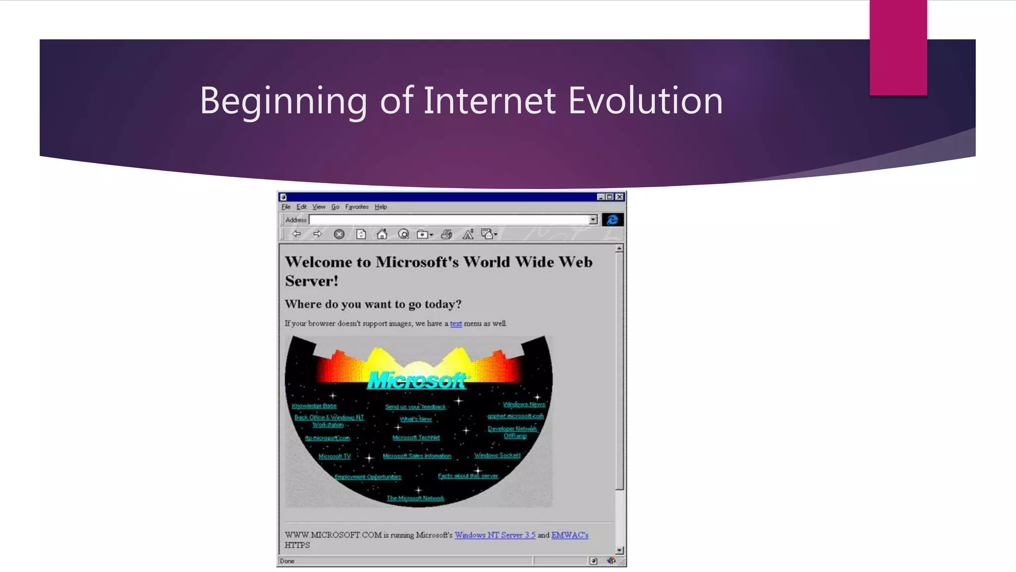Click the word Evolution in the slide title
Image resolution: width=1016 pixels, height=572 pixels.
[645, 101]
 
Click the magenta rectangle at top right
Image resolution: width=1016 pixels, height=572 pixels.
[898, 47]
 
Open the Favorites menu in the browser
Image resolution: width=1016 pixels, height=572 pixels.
[357, 207]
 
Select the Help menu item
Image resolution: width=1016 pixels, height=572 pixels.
[381, 207]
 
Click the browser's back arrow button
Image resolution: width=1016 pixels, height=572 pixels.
[297, 234]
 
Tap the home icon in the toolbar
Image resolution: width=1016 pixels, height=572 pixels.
[381, 234]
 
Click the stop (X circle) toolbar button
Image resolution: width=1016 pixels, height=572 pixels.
[339, 234]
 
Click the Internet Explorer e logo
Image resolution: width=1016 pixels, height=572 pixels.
[612, 220]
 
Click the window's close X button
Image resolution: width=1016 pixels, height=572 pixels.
[620, 197]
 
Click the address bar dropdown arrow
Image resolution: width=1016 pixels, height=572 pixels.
[593, 220]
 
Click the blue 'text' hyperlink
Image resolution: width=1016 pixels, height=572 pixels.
[455, 324]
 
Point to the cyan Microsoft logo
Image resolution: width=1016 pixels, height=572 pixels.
[417, 381]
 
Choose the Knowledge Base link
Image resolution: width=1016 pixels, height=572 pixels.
[314, 406]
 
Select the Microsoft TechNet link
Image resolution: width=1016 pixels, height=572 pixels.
[416, 438]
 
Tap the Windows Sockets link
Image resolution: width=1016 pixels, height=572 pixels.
[497, 455]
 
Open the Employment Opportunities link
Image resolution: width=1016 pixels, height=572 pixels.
[368, 477]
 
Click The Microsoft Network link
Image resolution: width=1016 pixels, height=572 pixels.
[415, 499]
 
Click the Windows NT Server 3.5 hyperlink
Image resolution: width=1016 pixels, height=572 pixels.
[495, 535]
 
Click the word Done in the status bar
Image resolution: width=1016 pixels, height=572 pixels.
[287, 561]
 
